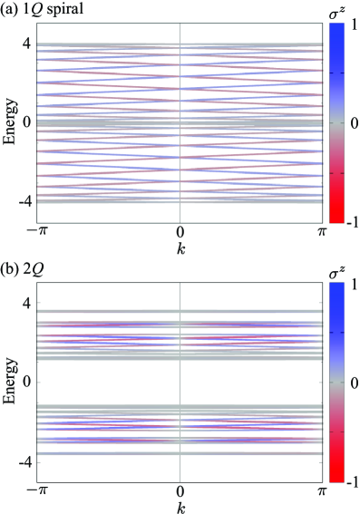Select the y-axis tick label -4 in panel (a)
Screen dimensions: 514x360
24,201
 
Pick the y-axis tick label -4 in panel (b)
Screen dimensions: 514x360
24,461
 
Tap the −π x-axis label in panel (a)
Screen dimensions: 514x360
37,232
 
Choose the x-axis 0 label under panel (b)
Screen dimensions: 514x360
180,490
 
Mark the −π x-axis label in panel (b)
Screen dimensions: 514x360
37,490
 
